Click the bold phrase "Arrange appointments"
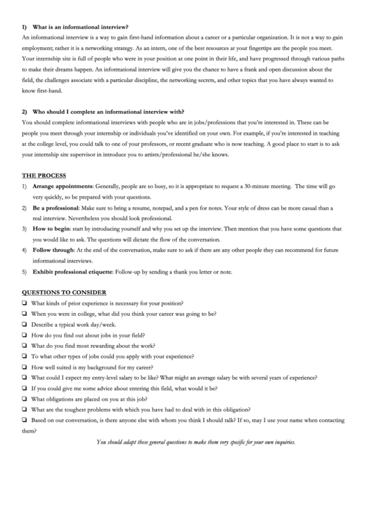(62, 187)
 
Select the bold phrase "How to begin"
(51, 228)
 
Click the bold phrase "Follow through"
(53, 249)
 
